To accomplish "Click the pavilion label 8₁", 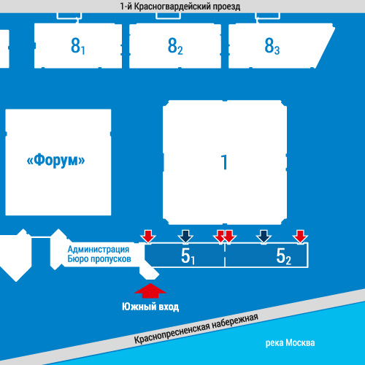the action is click(78, 46).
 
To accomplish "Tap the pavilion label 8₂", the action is click(175, 46).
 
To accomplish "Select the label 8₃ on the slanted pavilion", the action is click(272, 46).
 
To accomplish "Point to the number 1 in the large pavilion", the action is click(224, 162).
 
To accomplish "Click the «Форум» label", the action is click(55, 161).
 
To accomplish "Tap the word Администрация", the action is click(99, 249).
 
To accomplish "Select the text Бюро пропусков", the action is click(99, 258).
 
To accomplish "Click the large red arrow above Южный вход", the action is click(150, 291).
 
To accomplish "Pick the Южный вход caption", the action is click(150, 307).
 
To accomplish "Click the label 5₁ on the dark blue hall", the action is click(188, 256).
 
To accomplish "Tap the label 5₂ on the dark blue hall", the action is click(283, 256).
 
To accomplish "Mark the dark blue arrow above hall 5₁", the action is click(185, 237).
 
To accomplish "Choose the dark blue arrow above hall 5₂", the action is click(264, 237).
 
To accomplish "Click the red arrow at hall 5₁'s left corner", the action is click(148, 237).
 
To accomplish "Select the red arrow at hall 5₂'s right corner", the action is click(301, 237).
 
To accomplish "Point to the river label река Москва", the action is click(290, 342).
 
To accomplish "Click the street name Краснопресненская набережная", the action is click(196, 328).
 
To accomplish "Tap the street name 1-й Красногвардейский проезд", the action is click(180, 7).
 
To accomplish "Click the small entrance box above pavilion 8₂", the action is click(168, 15).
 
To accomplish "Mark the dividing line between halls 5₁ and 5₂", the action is click(225, 255).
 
